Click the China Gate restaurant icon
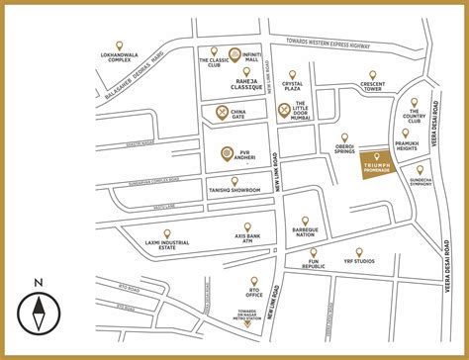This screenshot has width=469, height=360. [223, 111]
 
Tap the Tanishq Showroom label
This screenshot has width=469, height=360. [234, 190]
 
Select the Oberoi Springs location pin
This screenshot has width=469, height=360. [344, 137]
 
